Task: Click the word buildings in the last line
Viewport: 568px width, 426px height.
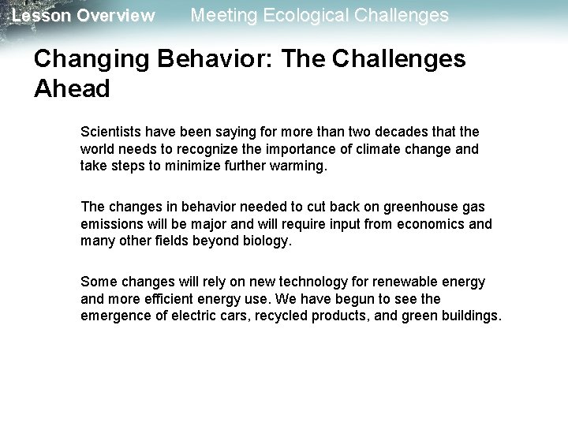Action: (x=468, y=316)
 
